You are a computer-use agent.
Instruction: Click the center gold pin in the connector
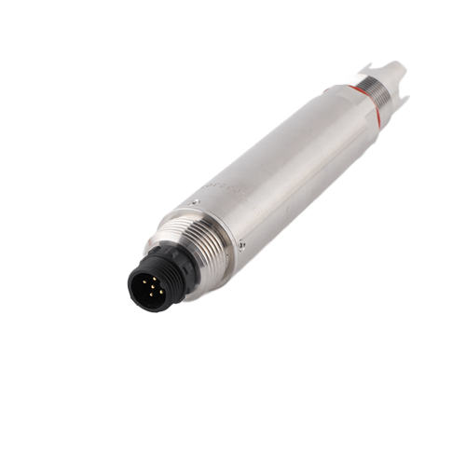(152, 288)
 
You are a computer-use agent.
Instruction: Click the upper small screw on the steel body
(195, 201)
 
